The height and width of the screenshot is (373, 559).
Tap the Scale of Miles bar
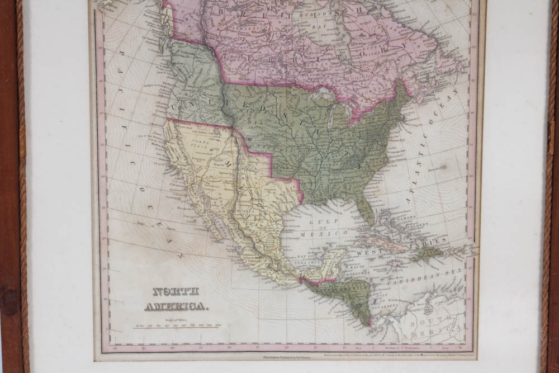click(x=177, y=327)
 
